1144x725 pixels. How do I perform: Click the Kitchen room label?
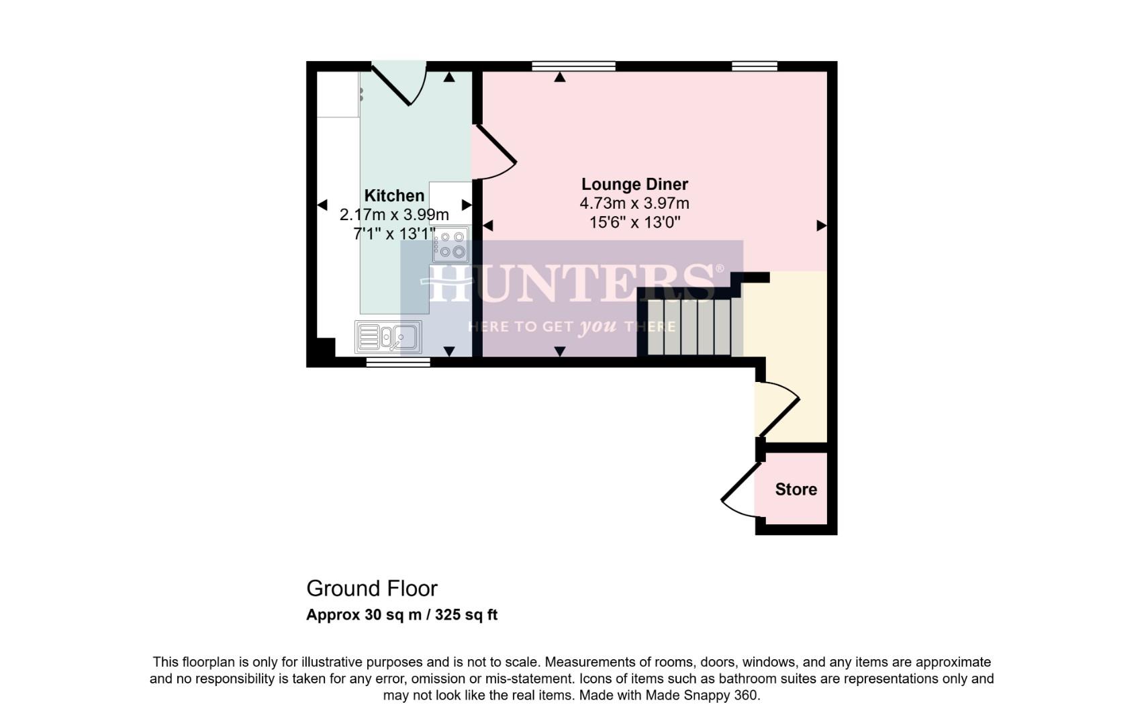394,195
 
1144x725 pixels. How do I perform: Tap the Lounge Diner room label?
634,184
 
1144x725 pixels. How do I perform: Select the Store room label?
796,489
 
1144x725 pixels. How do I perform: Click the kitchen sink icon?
388,337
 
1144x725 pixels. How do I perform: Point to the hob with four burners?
450,244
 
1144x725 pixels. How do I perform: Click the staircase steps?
689,327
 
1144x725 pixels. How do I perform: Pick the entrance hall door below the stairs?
777,408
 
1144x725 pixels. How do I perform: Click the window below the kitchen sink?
398,362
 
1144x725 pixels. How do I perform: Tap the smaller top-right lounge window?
754,66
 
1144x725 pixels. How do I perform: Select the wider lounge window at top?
573,66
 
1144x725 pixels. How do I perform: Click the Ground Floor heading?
371,589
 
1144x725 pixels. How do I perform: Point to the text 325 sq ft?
466,615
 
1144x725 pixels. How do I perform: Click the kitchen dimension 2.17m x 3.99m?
394,215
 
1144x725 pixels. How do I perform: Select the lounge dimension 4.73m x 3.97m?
634,203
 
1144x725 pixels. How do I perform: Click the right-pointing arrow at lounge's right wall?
821,226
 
